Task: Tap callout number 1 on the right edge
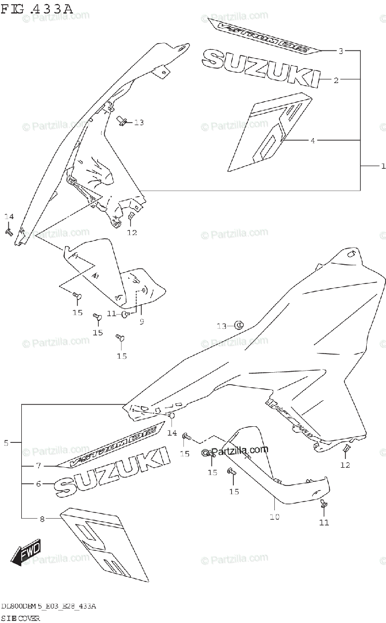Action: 382,166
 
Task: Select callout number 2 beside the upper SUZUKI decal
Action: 336,80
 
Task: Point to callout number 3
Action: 341,51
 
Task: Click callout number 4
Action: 313,140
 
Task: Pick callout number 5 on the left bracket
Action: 6,443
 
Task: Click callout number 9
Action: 141,322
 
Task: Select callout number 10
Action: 274,517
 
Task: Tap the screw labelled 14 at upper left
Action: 9,232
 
